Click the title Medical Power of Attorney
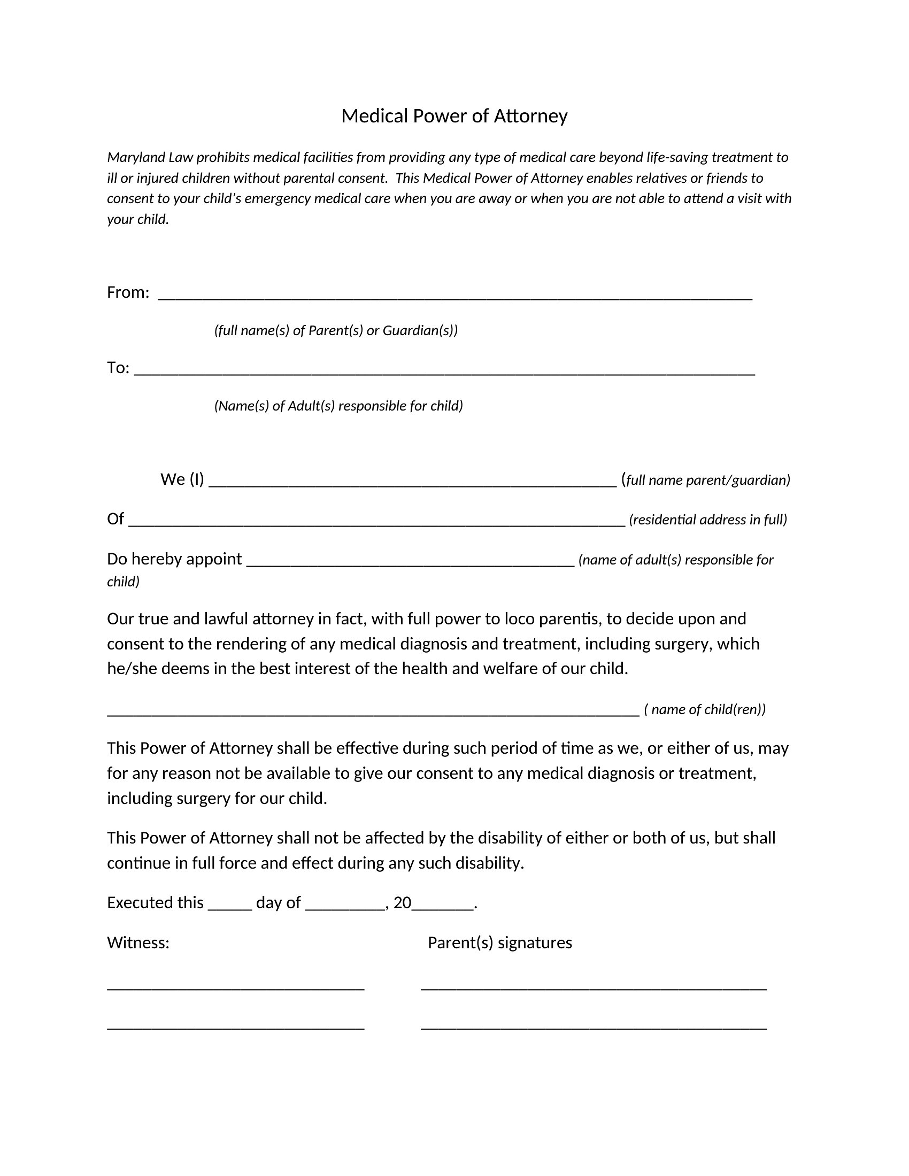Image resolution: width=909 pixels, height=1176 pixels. [454, 117]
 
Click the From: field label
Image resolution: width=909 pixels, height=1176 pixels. [128, 292]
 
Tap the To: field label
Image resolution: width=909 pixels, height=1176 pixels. [118, 368]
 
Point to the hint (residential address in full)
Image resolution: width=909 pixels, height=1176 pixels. [707, 520]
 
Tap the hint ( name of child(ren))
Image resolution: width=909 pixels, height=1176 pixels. [704, 709]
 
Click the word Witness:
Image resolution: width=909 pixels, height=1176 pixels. [138, 943]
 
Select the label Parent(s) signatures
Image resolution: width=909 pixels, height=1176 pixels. [500, 943]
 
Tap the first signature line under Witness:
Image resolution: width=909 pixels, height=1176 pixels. [236, 988]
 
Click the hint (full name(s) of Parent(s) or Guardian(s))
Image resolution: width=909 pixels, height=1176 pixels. [335, 330]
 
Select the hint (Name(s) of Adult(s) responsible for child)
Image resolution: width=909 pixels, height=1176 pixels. [338, 406]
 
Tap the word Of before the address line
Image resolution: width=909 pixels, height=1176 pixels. [115, 519]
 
